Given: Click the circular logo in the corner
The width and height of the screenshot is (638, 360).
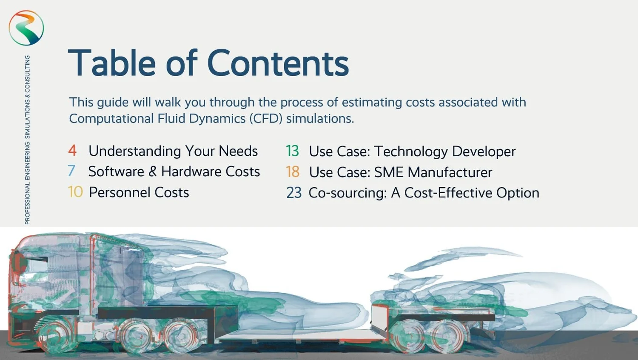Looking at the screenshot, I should tap(26, 28).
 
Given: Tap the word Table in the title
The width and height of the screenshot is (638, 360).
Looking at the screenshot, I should tap(112, 63).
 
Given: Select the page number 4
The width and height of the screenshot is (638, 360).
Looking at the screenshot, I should tap(72, 150).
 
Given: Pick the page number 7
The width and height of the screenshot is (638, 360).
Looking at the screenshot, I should tap(71, 171).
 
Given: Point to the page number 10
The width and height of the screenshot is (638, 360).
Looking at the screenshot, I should tap(75, 192).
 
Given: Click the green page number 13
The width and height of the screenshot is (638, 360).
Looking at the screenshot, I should tap(292, 151).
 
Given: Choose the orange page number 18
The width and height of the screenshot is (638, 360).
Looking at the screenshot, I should tap(293, 172).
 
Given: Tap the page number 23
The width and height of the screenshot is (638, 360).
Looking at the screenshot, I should tap(293, 193).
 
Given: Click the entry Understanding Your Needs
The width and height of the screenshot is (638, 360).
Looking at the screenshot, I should tap(173, 151).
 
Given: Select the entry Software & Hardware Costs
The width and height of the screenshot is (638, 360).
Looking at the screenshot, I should tap(174, 171).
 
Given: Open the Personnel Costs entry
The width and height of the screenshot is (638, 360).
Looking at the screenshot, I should tap(139, 192).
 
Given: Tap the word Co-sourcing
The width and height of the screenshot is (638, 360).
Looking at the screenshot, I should tap(347, 193).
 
